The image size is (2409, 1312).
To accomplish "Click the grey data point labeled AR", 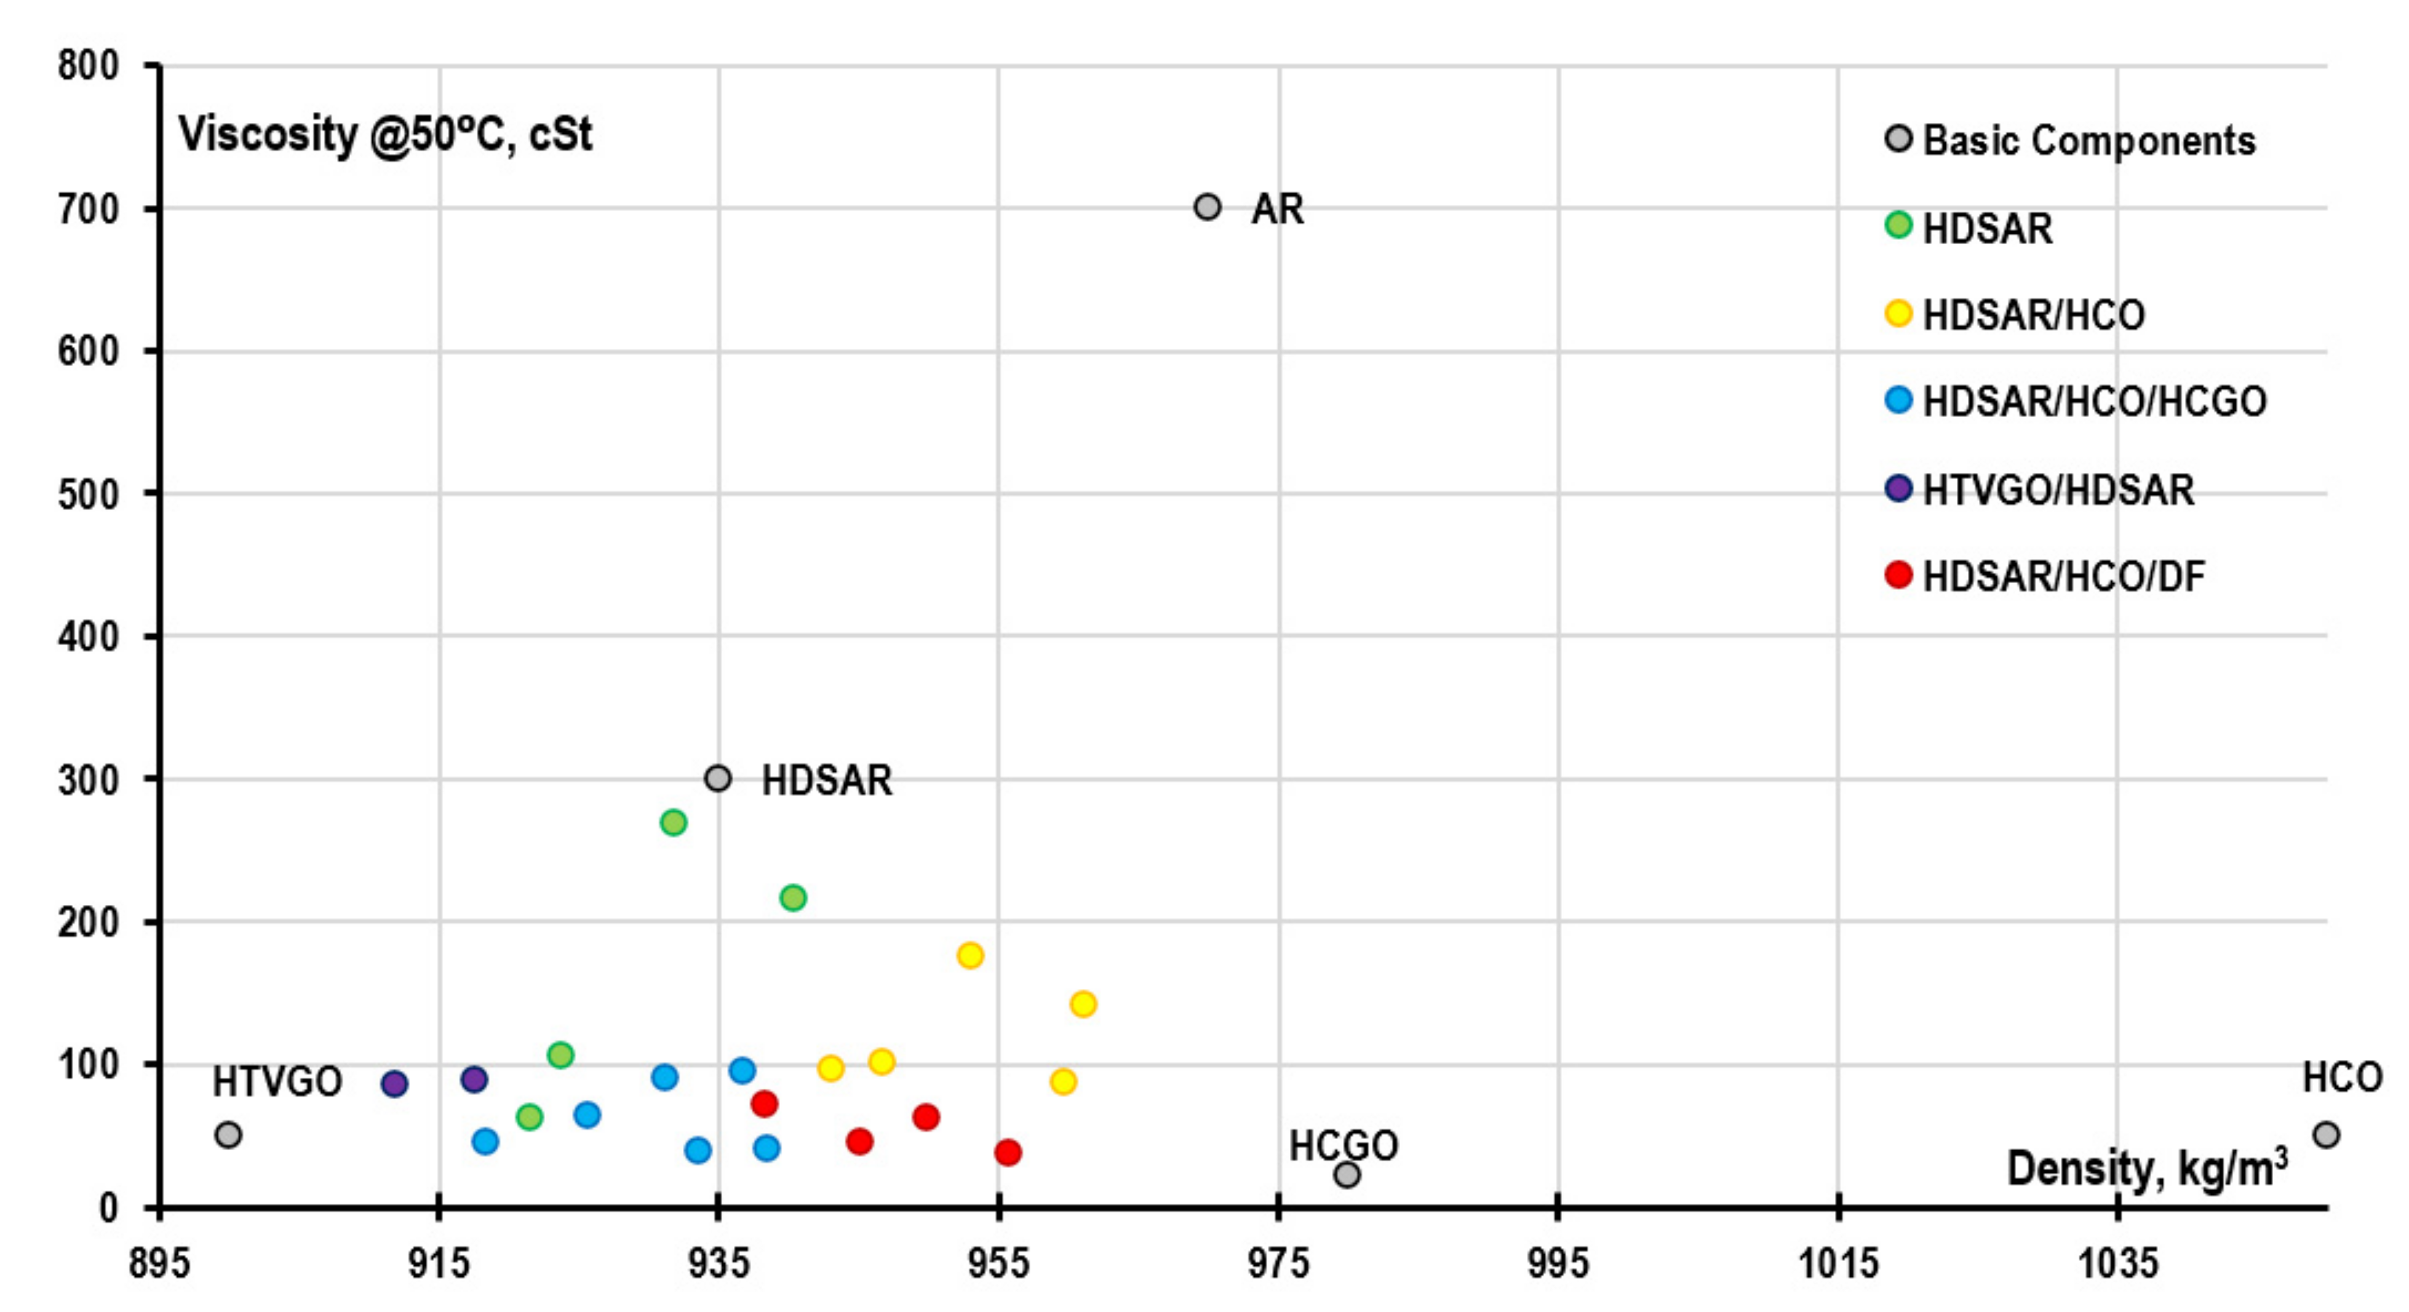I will pos(1208,207).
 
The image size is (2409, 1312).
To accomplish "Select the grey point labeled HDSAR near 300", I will pos(717,778).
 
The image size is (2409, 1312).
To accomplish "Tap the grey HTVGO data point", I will pos(228,1135).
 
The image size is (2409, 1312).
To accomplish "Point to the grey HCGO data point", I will pos(1347,1175).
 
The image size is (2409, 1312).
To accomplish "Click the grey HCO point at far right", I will pos(2326,1135).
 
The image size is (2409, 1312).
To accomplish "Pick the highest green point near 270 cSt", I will pos(674,823).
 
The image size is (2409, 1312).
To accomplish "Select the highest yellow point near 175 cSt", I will pos(970,956).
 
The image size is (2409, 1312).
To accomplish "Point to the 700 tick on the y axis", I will pos(89,209).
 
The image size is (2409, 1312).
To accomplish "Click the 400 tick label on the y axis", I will pos(89,637).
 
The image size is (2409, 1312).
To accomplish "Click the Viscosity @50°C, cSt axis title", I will pos(385,135).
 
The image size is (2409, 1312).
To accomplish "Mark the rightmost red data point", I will pos(1007,1152).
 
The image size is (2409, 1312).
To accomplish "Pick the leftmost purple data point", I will pos(395,1084).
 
